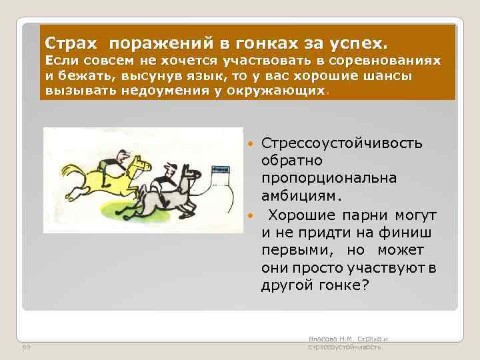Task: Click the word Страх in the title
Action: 72,43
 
